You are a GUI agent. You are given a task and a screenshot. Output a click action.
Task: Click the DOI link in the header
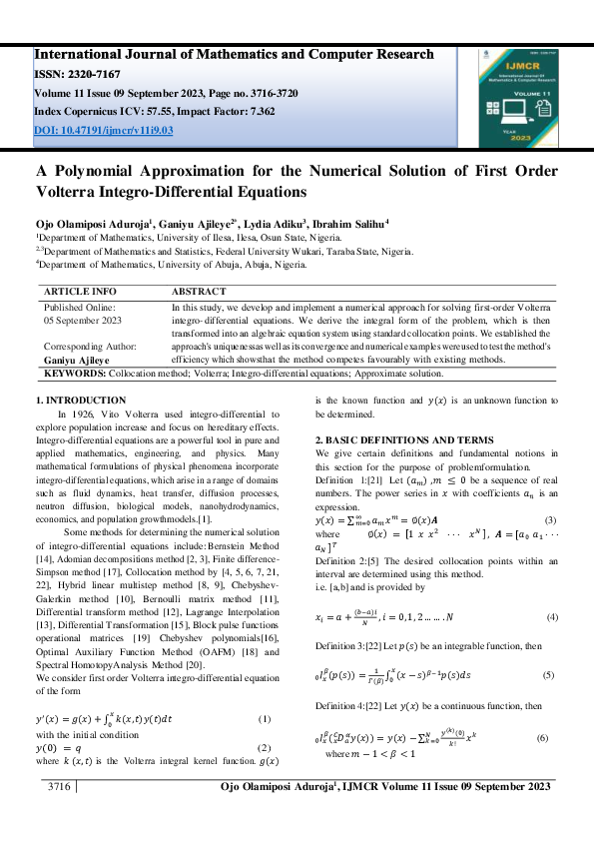(104, 130)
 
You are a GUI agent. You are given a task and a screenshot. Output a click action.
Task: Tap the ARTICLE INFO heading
(80, 292)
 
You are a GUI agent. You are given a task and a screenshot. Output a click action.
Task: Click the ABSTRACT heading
(205, 292)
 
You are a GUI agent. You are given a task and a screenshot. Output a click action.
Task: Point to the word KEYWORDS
(77, 373)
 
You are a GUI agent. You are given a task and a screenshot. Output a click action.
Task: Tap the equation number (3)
(549, 521)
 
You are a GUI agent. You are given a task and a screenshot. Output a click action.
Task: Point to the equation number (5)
(547, 676)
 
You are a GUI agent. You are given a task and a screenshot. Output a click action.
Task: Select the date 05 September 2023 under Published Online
(83, 321)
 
